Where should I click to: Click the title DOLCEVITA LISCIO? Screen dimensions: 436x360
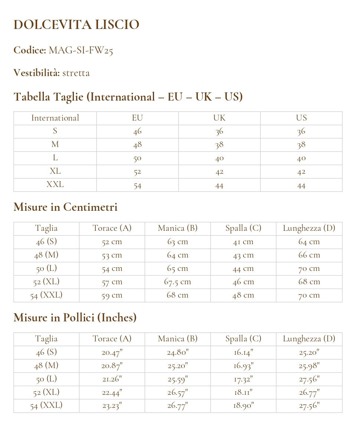(76, 25)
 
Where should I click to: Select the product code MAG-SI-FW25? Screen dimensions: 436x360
(81, 50)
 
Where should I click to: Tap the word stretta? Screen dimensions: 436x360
(76, 73)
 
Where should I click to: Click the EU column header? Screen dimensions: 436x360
(137, 118)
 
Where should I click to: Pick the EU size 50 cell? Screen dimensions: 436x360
(137, 158)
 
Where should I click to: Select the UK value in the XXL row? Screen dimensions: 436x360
(219, 185)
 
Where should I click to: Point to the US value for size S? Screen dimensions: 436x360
(301, 131)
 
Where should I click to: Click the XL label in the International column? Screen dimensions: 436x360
(55, 171)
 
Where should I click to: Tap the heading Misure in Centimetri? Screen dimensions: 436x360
(65, 207)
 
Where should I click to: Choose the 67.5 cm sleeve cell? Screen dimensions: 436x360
(177, 282)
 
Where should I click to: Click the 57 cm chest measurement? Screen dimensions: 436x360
(112, 282)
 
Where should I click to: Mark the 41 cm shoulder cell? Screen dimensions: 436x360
(243, 242)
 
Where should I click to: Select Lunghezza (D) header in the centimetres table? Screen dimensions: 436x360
(309, 228)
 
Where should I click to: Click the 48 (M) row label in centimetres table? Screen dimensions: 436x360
(46, 255)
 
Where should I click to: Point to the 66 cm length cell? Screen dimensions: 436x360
(309, 255)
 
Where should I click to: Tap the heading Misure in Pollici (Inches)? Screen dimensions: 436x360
(75, 318)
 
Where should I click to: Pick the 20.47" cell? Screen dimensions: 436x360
(112, 353)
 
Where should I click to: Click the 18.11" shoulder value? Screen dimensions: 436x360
(243, 393)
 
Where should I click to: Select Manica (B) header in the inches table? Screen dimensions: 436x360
(177, 339)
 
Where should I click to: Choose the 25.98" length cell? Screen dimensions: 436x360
(309, 366)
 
